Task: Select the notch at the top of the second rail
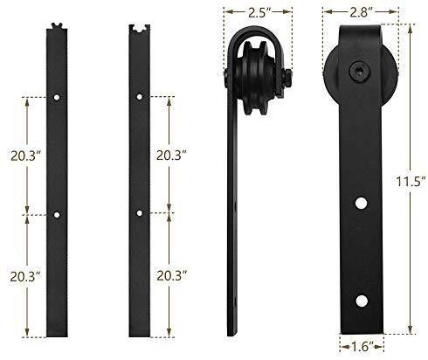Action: tap(139, 28)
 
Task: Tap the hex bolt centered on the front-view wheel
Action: tap(358, 68)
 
